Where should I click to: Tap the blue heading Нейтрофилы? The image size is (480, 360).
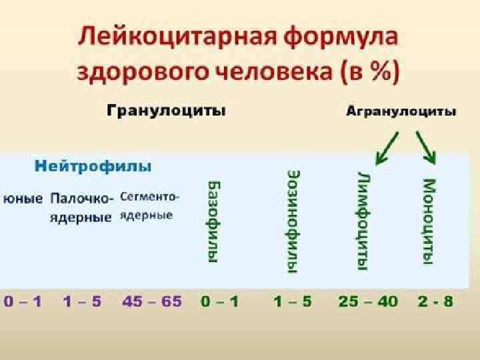[x=93, y=165]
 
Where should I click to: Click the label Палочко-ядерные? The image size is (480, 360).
[x=82, y=207]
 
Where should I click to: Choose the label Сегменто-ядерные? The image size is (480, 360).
[x=150, y=206]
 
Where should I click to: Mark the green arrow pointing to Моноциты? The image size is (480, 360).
[x=426, y=147]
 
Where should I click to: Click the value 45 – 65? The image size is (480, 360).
[x=151, y=301]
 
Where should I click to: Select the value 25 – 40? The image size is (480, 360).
[x=367, y=301]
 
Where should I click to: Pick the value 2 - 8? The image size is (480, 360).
[x=434, y=301]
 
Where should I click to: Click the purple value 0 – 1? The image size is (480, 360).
[x=23, y=301]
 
